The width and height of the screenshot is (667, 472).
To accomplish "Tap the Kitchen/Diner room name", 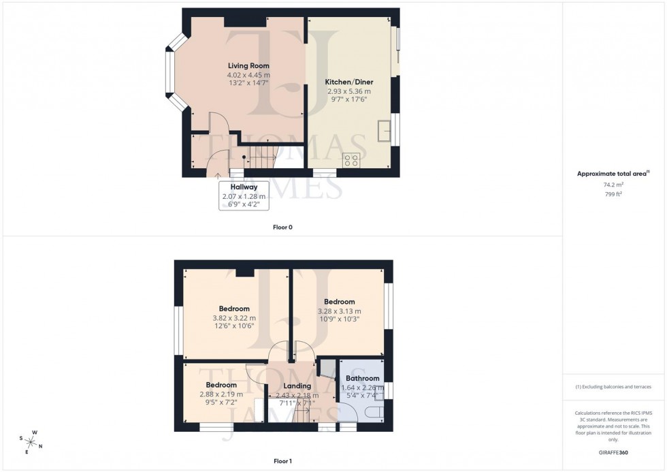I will (348, 81).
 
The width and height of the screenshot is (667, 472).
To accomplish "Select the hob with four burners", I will (351, 161).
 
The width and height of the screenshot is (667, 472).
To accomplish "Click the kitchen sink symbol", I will (385, 129).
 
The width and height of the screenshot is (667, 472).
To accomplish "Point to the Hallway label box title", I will (243, 187).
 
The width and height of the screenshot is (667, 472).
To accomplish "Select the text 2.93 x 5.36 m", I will (348, 91).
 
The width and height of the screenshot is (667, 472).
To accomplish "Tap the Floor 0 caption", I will (282, 227).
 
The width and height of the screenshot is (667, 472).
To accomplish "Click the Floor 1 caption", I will (282, 461).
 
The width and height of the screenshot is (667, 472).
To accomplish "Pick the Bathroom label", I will (362, 378).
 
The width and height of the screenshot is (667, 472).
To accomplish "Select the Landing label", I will (298, 386).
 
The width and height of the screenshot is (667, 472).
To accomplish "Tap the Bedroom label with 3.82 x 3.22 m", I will (233, 309).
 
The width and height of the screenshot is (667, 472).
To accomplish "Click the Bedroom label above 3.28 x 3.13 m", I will (339, 302).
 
